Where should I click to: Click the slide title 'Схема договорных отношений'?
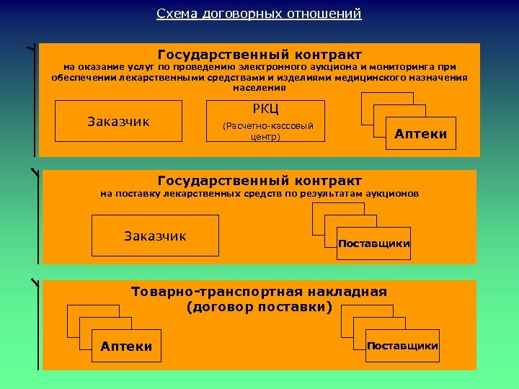coord(259,14)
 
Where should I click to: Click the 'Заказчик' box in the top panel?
coord(118,121)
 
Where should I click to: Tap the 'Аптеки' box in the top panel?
coord(421,133)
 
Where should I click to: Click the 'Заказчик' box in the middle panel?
coord(155,236)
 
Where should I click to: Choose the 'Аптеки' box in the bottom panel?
coord(127,346)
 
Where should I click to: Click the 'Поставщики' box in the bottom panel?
coord(402,346)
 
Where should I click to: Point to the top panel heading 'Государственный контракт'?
coord(259,55)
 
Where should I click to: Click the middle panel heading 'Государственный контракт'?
coord(259,180)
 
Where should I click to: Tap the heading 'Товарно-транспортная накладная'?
coord(259,292)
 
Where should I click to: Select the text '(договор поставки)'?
coord(259,307)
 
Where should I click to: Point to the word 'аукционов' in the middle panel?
coord(394,194)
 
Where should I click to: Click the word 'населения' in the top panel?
coord(259,88)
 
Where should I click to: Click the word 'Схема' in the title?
coord(174,14)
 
